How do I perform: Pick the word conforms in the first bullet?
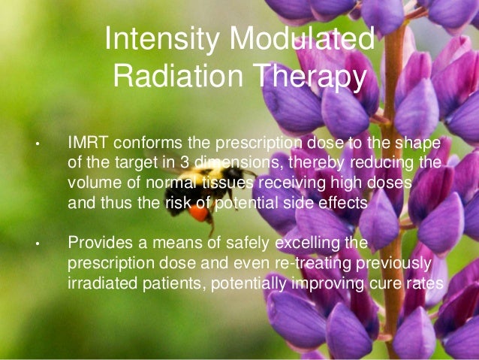pos(144,143)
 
